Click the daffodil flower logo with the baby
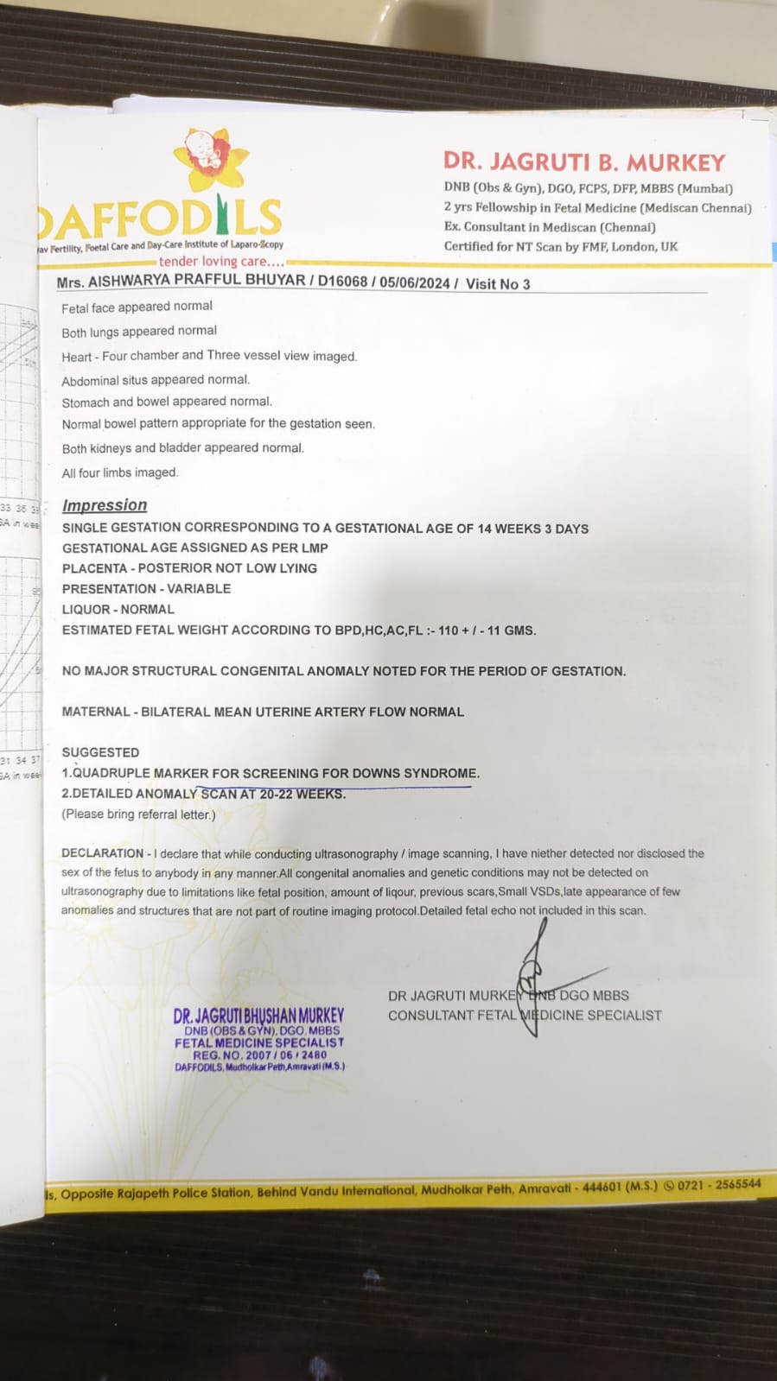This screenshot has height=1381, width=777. pos(210,160)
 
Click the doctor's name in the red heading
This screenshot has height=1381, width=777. pos(584,162)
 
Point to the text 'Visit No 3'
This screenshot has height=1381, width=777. pos(498,283)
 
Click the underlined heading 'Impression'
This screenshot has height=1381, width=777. pos(105,505)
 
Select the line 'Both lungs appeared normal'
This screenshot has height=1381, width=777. pos(139,331)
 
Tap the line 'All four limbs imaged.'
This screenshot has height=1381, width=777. pos(120,472)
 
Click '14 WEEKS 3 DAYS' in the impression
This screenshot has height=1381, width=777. pos(533,528)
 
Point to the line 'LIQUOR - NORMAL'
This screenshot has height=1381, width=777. pos(118,609)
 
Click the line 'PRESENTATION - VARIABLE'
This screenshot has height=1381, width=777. pos(146,588)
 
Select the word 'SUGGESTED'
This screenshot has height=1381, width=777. pos(100,752)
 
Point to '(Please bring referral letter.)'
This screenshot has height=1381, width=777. pos(138,814)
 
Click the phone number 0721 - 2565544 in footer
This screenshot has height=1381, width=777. pos(719,1184)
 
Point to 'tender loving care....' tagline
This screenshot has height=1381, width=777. pos(221,261)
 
